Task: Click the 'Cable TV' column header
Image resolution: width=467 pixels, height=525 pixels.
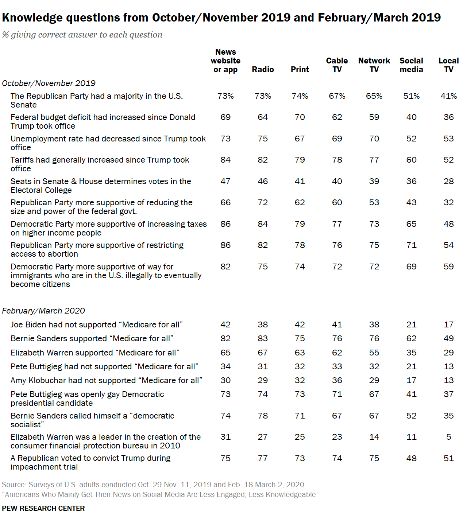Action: tap(337, 65)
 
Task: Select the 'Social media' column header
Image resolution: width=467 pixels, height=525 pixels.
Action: tap(411, 65)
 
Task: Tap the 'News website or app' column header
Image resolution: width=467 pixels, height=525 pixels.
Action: tap(225, 61)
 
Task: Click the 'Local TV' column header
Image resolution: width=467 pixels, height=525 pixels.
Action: tap(448, 65)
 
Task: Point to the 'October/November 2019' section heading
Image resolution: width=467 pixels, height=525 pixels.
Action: tap(49, 83)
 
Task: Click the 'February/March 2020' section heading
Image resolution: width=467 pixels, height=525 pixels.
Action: tap(43, 311)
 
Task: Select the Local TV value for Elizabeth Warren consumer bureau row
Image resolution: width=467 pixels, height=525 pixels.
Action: tap(448, 437)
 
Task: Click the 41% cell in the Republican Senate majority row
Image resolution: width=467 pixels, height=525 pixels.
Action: tap(448, 96)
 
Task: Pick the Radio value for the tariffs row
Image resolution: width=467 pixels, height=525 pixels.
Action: tap(263, 160)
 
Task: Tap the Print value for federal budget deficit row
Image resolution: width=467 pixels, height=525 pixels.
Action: tap(300, 117)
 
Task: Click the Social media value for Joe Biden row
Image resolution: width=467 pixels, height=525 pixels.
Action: tap(411, 324)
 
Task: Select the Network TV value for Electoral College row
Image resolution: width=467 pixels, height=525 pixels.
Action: tap(374, 181)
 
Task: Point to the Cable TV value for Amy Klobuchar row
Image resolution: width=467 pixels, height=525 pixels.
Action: tap(337, 380)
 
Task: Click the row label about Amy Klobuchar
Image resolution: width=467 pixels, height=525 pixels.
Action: tap(106, 380)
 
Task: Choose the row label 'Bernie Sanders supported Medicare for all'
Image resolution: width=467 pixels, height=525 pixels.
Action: tap(92, 338)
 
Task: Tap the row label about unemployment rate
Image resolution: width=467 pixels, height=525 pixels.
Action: tap(108, 143)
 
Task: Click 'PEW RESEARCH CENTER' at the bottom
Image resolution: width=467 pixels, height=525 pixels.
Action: tap(43, 508)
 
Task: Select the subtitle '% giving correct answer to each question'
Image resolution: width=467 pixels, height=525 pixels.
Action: tap(82, 35)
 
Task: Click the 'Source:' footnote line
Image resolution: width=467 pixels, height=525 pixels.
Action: tap(154, 485)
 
